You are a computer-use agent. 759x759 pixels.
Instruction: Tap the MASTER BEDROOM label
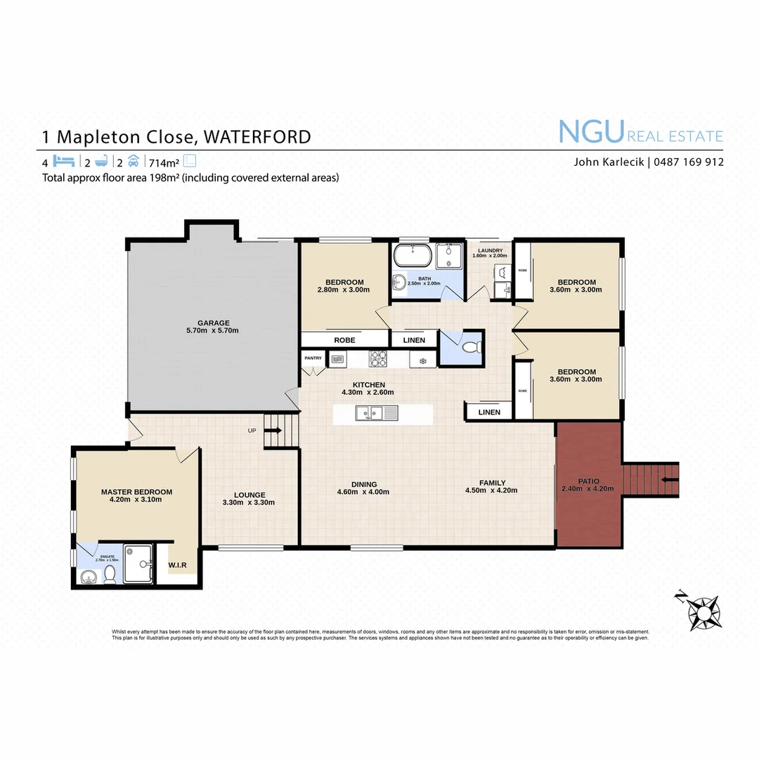[x=136, y=492]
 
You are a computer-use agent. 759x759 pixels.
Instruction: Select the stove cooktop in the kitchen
[x=378, y=359]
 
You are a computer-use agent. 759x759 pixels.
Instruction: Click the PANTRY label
[x=313, y=358]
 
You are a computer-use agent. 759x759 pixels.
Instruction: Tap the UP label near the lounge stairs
[x=252, y=430]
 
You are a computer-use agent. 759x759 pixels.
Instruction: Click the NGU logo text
[x=590, y=132]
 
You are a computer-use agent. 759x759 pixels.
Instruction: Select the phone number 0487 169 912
[x=689, y=162]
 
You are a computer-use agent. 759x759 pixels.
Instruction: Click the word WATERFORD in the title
[x=253, y=136]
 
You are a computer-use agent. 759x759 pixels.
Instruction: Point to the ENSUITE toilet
[x=110, y=575]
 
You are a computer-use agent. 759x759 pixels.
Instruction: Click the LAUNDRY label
[x=490, y=250]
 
